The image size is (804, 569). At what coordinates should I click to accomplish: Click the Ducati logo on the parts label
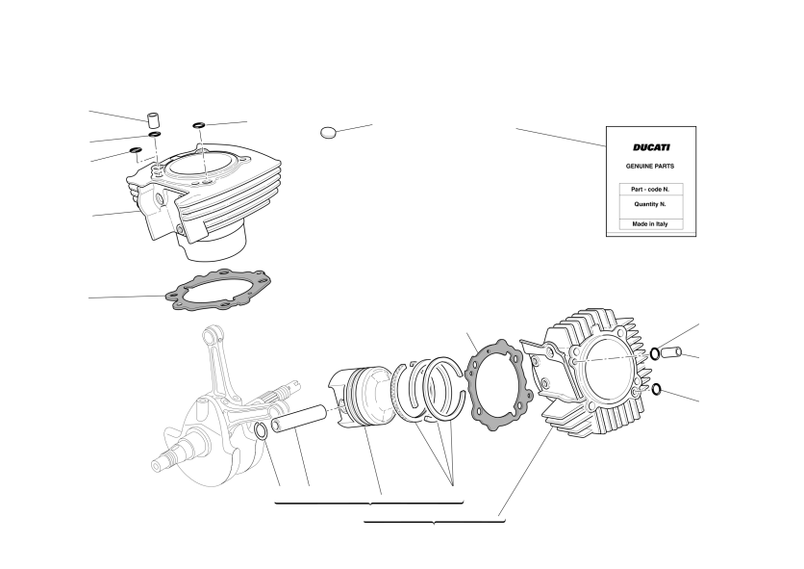[x=651, y=147]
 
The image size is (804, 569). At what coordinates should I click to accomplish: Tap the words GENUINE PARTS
[x=650, y=167]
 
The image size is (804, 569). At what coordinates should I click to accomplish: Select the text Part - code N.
[x=650, y=190]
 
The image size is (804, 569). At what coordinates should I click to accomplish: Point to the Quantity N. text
[x=650, y=204]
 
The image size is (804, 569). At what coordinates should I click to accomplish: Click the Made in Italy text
[x=650, y=224]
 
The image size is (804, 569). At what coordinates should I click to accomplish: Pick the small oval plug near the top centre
[x=328, y=133]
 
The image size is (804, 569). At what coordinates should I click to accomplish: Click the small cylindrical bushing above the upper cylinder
[x=153, y=119]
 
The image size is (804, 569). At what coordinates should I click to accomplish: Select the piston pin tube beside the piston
[x=299, y=419]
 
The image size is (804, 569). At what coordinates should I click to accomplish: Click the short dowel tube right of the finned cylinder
[x=670, y=352]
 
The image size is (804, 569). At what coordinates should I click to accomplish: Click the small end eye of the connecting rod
[x=212, y=335]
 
